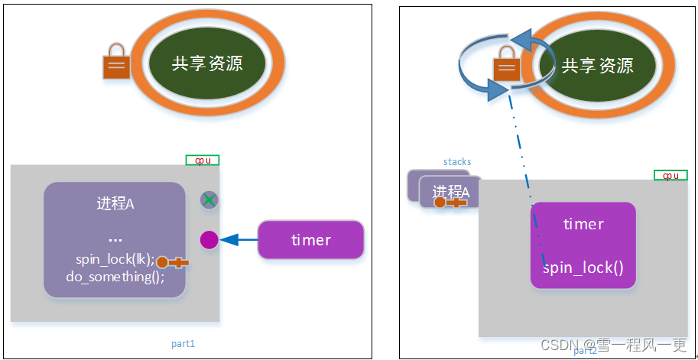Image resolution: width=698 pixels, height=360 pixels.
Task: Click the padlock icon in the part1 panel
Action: pos(117,66)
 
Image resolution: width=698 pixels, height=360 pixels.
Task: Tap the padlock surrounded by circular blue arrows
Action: pos(506,66)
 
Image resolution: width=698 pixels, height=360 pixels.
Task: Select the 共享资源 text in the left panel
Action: pos(207,63)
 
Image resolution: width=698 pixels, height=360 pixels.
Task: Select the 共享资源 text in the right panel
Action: pos(597,65)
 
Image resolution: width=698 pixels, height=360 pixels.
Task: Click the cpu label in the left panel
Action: pos(203,161)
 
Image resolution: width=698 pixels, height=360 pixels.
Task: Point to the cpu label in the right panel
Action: pos(670,175)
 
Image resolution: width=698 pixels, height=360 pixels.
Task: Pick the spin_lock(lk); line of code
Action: pos(115,258)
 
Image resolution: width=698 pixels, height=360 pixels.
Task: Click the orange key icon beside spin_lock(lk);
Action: pos(172,263)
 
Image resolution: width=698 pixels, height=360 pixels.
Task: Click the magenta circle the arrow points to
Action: pos(209,240)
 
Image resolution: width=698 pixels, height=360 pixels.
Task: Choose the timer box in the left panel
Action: pos(310,240)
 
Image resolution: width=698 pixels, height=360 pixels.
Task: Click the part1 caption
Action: pos(183,344)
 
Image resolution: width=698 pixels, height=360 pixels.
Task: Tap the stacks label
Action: pos(457,162)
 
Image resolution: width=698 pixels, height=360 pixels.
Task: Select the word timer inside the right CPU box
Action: pos(583,224)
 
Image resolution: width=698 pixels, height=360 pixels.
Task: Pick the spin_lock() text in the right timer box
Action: pos(583,268)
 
